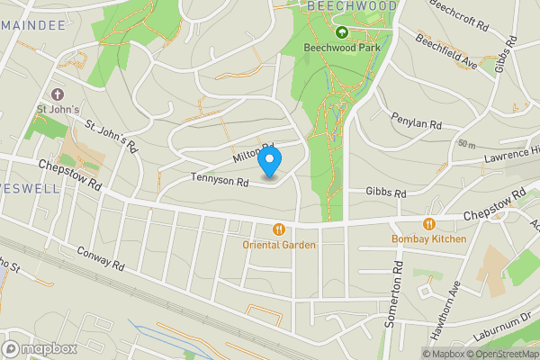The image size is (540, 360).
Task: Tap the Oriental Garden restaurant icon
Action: coord(278,229)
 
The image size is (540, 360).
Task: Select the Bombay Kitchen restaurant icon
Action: coord(429,224)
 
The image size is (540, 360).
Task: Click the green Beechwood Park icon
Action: coord(341,33)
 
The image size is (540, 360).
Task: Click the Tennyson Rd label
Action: coord(219,181)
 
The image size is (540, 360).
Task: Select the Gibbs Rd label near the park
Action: coord(387,193)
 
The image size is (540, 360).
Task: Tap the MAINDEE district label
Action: coord(33,25)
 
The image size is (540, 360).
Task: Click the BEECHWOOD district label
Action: coord(351,5)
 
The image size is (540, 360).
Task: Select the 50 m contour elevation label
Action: coord(465,144)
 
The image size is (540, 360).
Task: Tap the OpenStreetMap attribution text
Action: coord(503,354)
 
